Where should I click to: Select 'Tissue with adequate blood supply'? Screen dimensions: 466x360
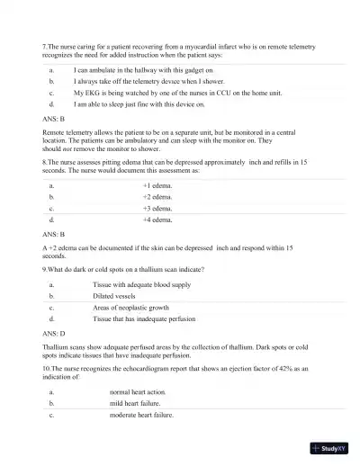pyautogui.click(x=141, y=284)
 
